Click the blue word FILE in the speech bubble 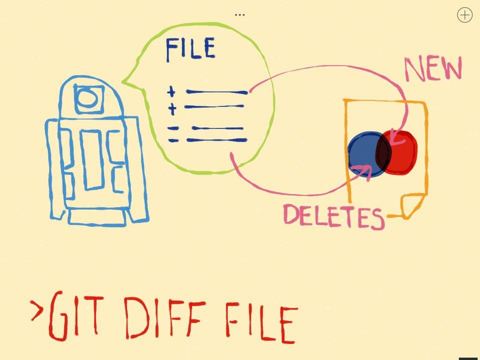190,49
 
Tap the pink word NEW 433,69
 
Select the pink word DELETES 333,216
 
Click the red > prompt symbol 36,310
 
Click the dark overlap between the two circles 383,153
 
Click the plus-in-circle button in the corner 464,15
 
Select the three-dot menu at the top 240,14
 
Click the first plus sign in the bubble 171,91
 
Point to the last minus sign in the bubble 173,140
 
